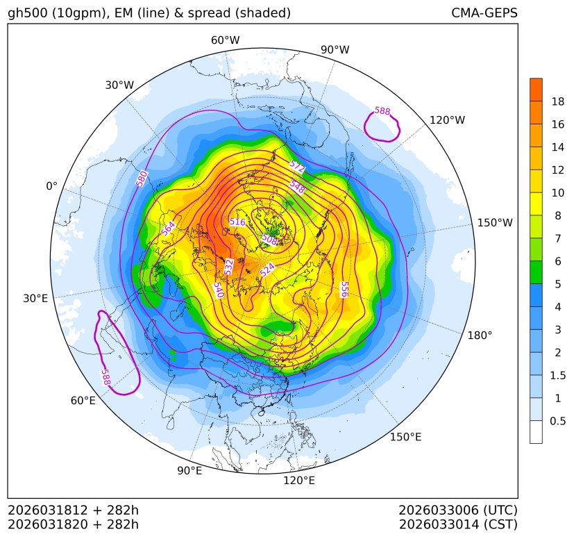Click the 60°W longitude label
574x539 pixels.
click(x=225, y=40)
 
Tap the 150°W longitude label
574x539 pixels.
click(x=495, y=223)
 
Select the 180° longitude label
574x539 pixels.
click(x=480, y=335)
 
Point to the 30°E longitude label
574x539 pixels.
click(x=35, y=299)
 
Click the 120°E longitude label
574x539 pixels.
click(x=299, y=480)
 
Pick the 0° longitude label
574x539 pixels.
click(x=51, y=186)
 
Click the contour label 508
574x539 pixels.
click(x=269, y=239)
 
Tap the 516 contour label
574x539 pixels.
click(x=237, y=222)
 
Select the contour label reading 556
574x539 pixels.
click(x=344, y=289)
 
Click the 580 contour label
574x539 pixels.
click(x=142, y=179)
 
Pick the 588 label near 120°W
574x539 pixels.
click(x=382, y=111)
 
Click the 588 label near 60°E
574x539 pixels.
click(x=105, y=377)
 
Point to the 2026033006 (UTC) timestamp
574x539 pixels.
click(x=458, y=510)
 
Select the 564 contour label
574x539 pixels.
click(x=168, y=228)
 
